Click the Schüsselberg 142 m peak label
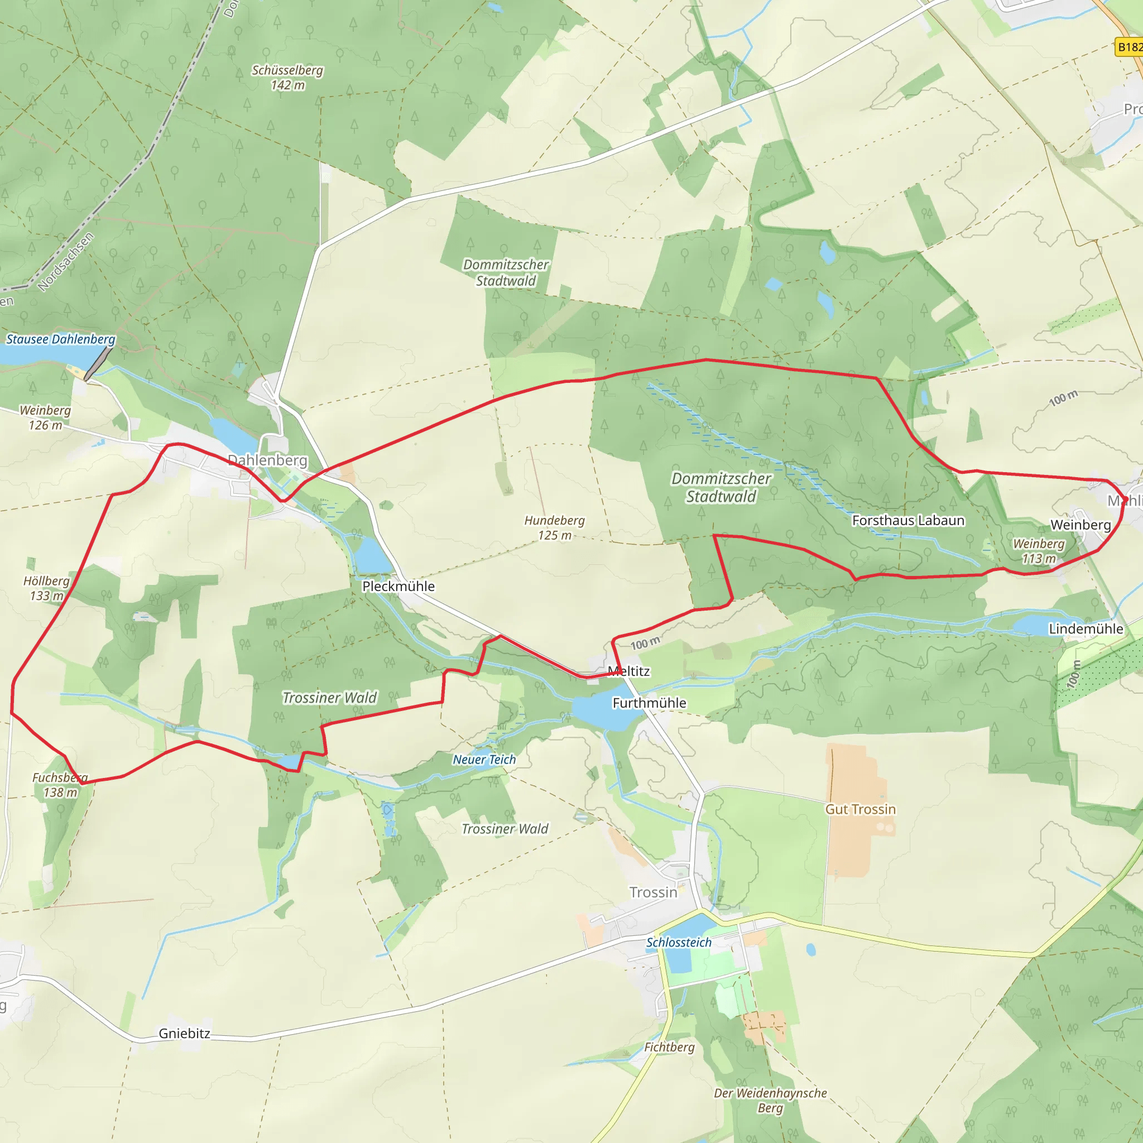pos(287,78)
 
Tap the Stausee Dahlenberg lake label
pos(60,339)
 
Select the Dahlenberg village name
pos(267,460)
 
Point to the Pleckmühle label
pos(398,587)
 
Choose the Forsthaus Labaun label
pos(908,521)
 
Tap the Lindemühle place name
pos(1086,629)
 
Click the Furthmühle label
pos(649,703)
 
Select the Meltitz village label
pos(628,671)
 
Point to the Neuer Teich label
pos(484,760)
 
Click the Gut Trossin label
pos(860,809)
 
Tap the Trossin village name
pos(653,892)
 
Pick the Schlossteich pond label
pos(679,943)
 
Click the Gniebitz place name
pos(184,1034)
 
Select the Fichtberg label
pos(669,1047)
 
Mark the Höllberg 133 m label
pos(46,588)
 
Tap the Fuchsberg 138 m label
pos(60,785)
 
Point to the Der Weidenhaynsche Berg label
pos(770,1101)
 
